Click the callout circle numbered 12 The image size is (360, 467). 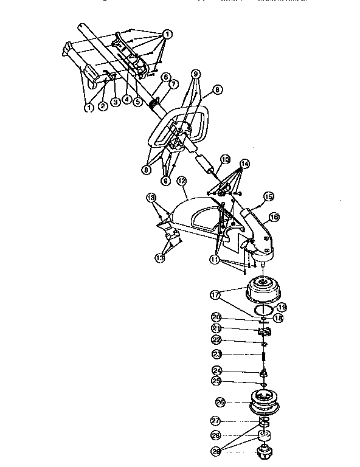[x=181, y=181]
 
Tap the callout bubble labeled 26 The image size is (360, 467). [x=220, y=401]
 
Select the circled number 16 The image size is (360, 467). [x=274, y=216]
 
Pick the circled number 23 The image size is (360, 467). [x=216, y=354]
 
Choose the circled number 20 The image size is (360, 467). [x=216, y=317]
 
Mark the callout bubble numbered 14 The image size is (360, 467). [x=244, y=164]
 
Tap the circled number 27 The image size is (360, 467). [x=216, y=421]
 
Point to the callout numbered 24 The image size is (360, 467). [x=216, y=370]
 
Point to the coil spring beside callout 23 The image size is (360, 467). [x=265, y=354]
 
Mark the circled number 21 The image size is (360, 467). [x=216, y=328]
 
